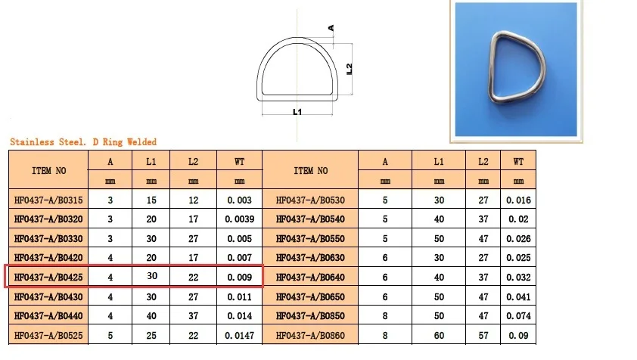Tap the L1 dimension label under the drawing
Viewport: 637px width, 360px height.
(297, 113)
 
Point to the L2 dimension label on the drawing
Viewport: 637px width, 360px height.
(350, 70)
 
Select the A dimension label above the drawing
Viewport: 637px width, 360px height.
(331, 28)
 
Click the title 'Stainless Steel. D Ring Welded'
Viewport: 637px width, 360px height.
(83, 142)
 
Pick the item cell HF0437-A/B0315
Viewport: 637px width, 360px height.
(48, 200)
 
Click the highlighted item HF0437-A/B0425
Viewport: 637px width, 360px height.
(48, 278)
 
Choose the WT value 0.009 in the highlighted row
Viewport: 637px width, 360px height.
(240, 278)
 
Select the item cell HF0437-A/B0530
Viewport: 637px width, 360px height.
(309, 200)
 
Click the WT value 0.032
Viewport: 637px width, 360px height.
(518, 278)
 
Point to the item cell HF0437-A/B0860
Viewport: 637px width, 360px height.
(309, 336)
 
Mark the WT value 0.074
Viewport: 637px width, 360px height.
(518, 316)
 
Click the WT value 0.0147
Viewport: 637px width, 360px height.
(240, 336)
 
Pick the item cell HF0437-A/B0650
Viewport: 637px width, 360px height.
(309, 297)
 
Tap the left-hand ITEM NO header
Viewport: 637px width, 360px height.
(48, 171)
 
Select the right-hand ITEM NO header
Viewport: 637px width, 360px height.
(309, 171)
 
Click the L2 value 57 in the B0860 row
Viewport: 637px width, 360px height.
(483, 336)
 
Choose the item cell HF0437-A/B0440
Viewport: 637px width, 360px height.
(48, 316)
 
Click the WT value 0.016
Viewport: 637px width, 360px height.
(518, 200)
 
